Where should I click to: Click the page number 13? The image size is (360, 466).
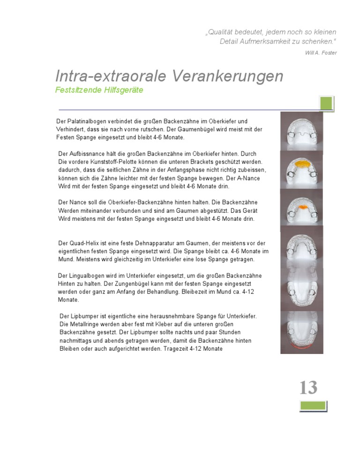coord(308,388)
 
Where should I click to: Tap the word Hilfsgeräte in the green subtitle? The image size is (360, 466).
coord(122,90)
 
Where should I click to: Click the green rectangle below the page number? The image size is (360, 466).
coord(313,406)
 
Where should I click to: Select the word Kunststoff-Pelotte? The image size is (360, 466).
coord(120,162)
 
